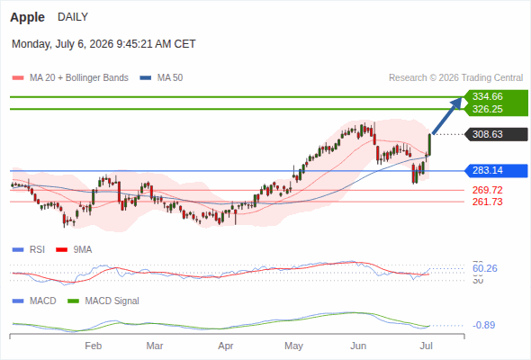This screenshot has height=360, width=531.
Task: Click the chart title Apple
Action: [x=27, y=17]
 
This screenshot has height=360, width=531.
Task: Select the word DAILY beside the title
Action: [x=73, y=17]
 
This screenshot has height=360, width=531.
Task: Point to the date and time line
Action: [x=103, y=44]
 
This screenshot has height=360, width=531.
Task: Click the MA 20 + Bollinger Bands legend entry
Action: [x=70, y=78]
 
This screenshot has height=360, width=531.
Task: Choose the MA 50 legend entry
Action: [x=161, y=78]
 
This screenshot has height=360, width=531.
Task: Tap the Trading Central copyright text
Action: [x=455, y=78]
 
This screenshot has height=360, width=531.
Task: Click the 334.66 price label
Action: [x=487, y=96]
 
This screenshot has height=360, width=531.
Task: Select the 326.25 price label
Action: [x=487, y=109]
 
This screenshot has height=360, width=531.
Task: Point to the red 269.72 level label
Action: [x=487, y=190]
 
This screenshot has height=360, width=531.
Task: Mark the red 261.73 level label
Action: [x=487, y=202]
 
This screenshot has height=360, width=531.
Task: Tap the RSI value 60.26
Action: [x=485, y=268]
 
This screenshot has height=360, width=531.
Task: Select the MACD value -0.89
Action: [x=483, y=325]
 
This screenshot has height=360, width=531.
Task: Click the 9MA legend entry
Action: [x=74, y=250]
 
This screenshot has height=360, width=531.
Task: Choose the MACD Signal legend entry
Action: [x=103, y=301]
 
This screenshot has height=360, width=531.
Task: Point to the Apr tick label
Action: [x=226, y=346]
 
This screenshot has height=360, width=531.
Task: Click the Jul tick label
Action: [x=426, y=346]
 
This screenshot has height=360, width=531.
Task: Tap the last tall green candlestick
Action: [x=429, y=145]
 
